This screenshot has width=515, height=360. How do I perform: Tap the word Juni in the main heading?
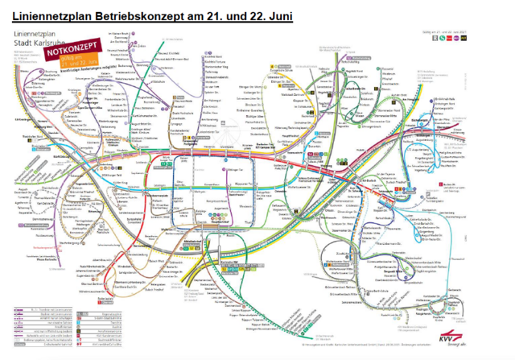[x=274, y=14]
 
